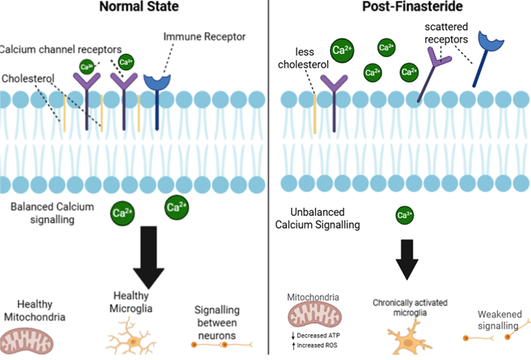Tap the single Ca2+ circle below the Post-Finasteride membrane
pyautogui.click(x=404, y=215)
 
